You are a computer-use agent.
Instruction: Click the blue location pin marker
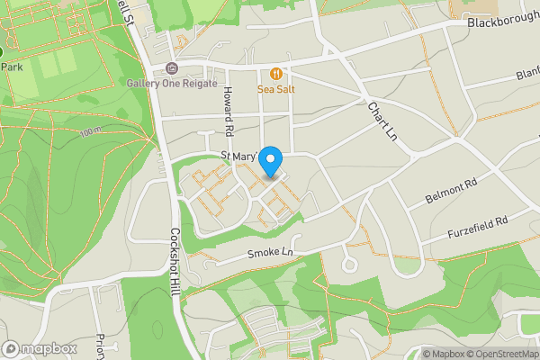[271, 160]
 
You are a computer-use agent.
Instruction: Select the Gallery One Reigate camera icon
[172, 69]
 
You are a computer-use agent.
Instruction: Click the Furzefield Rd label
[478, 226]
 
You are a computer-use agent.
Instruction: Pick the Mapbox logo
[40, 348]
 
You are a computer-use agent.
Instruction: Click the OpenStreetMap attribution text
[502, 354]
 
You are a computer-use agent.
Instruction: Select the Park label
[11, 67]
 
